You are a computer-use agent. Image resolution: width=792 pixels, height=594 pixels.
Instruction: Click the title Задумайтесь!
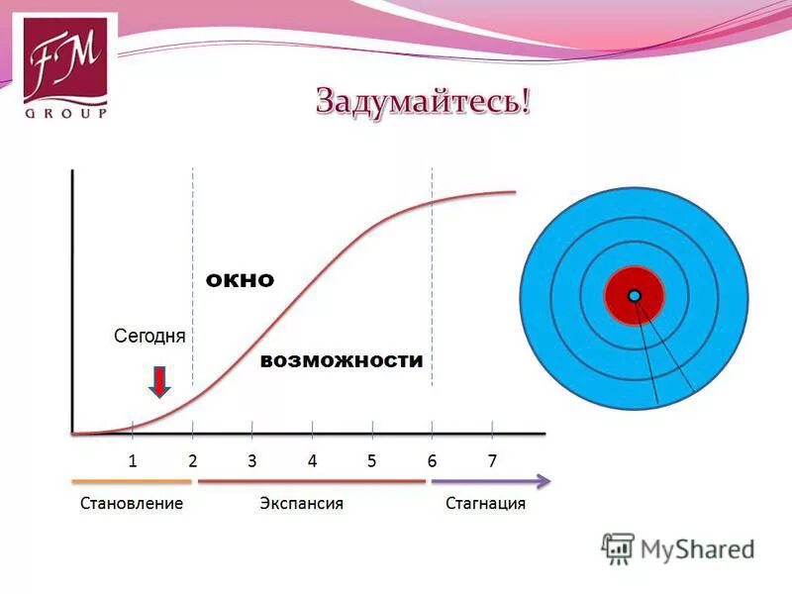click(423, 102)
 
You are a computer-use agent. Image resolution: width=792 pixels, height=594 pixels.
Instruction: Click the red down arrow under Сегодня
click(159, 381)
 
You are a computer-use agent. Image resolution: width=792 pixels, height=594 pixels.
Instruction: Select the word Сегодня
click(149, 336)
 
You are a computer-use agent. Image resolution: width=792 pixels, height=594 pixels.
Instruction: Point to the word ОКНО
click(240, 281)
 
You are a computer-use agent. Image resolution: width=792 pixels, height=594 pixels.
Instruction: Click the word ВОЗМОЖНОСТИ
click(342, 361)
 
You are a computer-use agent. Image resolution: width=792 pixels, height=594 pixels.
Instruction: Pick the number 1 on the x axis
click(133, 460)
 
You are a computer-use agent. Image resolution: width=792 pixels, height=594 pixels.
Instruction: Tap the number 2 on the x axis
click(193, 460)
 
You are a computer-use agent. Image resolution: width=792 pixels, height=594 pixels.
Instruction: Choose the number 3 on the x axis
click(252, 460)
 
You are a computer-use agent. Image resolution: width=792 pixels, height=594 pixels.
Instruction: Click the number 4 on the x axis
click(312, 460)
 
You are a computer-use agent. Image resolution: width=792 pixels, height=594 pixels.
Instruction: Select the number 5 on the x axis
click(372, 460)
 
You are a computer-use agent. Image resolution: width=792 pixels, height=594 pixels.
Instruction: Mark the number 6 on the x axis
click(432, 460)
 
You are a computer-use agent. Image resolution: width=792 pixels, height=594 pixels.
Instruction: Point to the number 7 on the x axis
click(492, 460)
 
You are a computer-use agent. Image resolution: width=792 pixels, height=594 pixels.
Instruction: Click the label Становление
click(132, 504)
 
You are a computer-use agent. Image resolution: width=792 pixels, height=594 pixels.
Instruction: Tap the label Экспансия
click(302, 504)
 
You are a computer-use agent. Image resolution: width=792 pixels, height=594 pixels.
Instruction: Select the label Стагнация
click(485, 504)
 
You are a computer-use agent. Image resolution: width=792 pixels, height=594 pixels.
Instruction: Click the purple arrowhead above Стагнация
click(544, 481)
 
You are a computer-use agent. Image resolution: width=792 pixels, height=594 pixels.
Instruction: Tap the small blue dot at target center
click(635, 295)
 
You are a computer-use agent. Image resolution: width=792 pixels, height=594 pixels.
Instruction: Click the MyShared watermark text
click(697, 548)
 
